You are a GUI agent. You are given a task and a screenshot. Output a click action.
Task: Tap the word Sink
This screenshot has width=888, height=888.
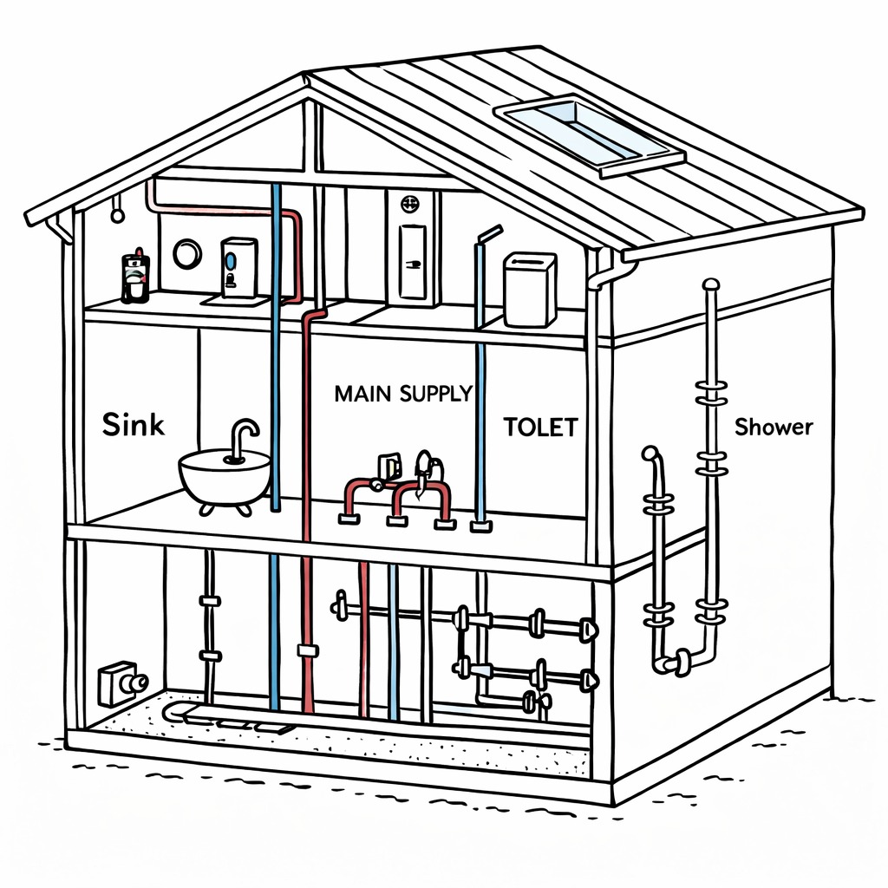pos(133,426)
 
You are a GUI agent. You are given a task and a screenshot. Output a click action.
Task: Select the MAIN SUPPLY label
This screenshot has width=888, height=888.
pos(403,394)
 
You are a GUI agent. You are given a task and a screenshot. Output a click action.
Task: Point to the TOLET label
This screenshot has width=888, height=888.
pos(540,427)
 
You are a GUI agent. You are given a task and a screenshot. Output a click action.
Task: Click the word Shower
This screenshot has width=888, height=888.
pos(774,427)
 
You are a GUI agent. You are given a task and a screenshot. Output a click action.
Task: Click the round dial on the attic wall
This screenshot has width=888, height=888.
pos(187,253)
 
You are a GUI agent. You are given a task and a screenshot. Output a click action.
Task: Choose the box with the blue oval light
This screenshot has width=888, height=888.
pos(238,267)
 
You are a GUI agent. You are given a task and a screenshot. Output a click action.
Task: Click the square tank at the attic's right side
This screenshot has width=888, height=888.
pos(530,289)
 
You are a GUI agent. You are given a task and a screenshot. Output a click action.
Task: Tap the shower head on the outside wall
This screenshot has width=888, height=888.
pos(650,456)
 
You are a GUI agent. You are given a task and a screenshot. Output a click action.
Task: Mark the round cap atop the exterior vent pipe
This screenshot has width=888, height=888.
pos(711,284)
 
